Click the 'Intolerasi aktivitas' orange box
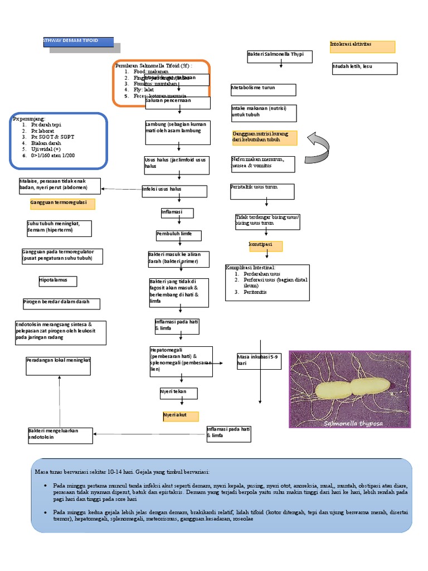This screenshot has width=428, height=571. [362, 46]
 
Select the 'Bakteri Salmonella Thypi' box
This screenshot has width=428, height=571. [280, 56]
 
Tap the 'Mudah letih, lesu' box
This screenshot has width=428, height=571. [364, 68]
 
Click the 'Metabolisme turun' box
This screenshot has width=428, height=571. [263, 90]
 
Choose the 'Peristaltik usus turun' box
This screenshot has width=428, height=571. [262, 190]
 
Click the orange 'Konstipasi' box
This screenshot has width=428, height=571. [265, 246]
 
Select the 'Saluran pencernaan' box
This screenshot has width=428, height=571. [177, 103]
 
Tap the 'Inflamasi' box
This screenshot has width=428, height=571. [177, 213]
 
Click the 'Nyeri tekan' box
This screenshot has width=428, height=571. [178, 394]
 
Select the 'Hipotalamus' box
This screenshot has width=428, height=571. [57, 280]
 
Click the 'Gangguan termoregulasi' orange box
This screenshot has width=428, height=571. [62, 204]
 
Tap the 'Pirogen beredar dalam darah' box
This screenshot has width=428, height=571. [61, 303]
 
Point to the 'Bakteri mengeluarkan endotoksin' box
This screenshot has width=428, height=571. [60, 435]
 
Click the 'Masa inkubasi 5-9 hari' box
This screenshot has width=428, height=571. [259, 361]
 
